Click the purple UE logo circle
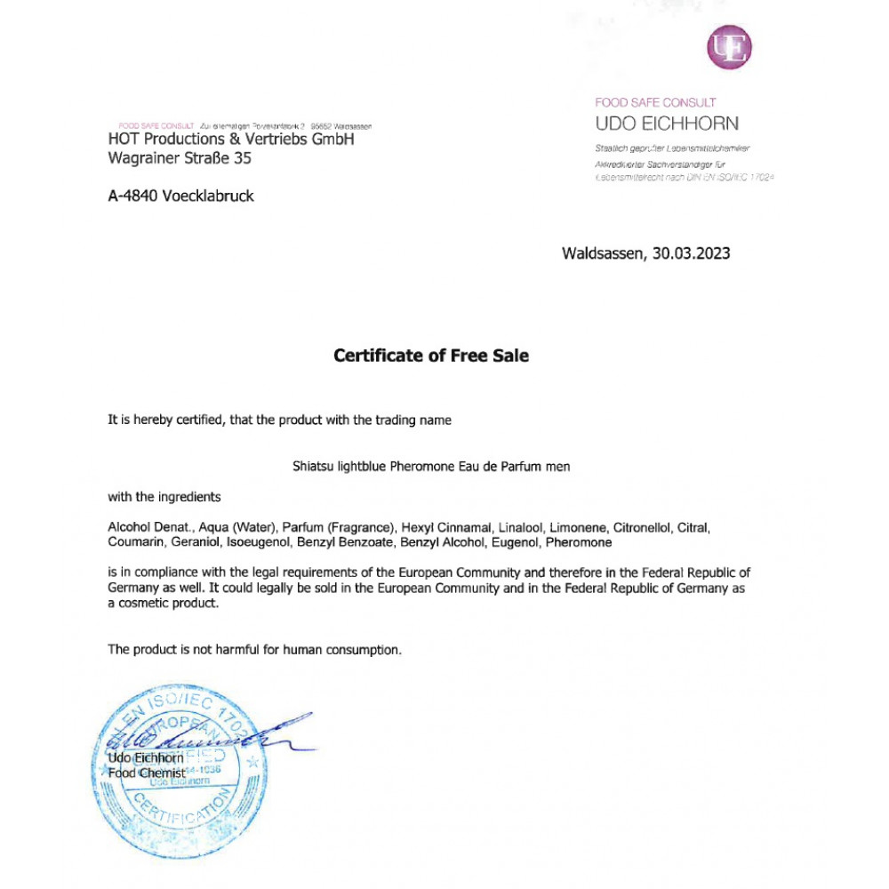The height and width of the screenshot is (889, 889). pyautogui.click(x=729, y=47)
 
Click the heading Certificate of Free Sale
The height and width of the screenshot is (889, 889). pyautogui.click(x=431, y=356)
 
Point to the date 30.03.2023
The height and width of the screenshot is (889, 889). pyautogui.click(x=692, y=253)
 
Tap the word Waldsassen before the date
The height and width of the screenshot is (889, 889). pyautogui.click(x=604, y=253)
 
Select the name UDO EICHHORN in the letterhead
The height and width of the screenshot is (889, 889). pyautogui.click(x=667, y=124)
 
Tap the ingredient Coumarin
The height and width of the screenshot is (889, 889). pyautogui.click(x=134, y=542)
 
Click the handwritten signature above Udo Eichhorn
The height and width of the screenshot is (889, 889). pyautogui.click(x=204, y=736)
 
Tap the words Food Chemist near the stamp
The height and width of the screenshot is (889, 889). pyautogui.click(x=147, y=773)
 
